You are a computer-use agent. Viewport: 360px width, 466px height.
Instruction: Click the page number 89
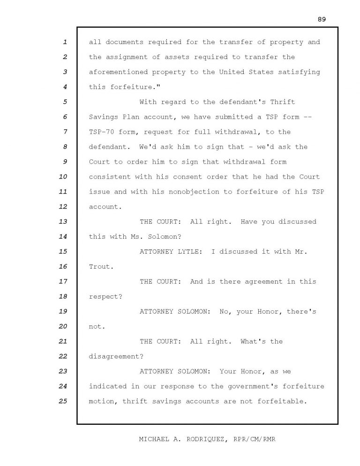pos(321,19)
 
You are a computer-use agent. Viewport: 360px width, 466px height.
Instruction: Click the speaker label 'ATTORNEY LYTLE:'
pos(171,252)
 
